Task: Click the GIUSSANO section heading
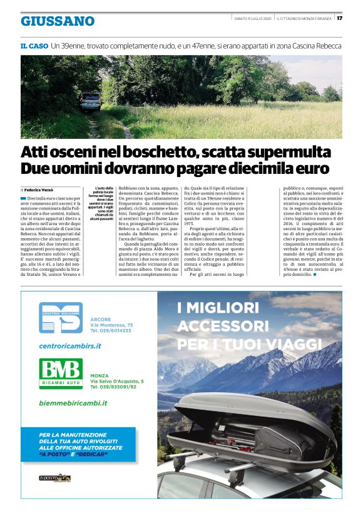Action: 58,21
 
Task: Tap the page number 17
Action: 339,17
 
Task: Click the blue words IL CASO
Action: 34,46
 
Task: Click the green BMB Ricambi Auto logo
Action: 61,373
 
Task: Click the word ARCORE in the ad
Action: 100,319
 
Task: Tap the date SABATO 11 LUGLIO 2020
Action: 253,17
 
